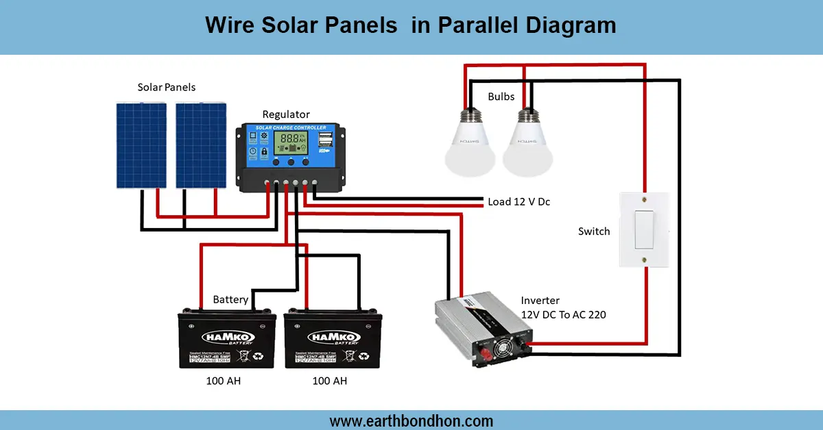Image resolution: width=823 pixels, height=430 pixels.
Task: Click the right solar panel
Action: point(201,144)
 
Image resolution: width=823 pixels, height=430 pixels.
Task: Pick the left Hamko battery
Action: point(226,339)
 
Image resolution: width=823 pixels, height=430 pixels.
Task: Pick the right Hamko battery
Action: point(333,339)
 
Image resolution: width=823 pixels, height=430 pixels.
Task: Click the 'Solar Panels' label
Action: point(167,88)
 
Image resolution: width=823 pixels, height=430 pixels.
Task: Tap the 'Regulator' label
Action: point(286,114)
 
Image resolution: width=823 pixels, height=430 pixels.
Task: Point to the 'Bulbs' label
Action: point(501,97)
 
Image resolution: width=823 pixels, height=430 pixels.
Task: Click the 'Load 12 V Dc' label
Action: point(518,202)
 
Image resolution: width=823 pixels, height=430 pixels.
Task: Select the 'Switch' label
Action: point(594,231)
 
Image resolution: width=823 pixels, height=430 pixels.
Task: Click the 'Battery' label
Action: point(230,300)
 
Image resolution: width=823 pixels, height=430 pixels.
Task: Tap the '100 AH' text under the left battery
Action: point(224,381)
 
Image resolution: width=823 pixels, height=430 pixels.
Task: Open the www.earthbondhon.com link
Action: point(411,420)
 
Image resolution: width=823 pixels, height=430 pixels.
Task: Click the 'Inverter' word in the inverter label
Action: point(540,301)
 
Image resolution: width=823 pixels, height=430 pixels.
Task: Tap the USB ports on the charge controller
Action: point(324,140)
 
